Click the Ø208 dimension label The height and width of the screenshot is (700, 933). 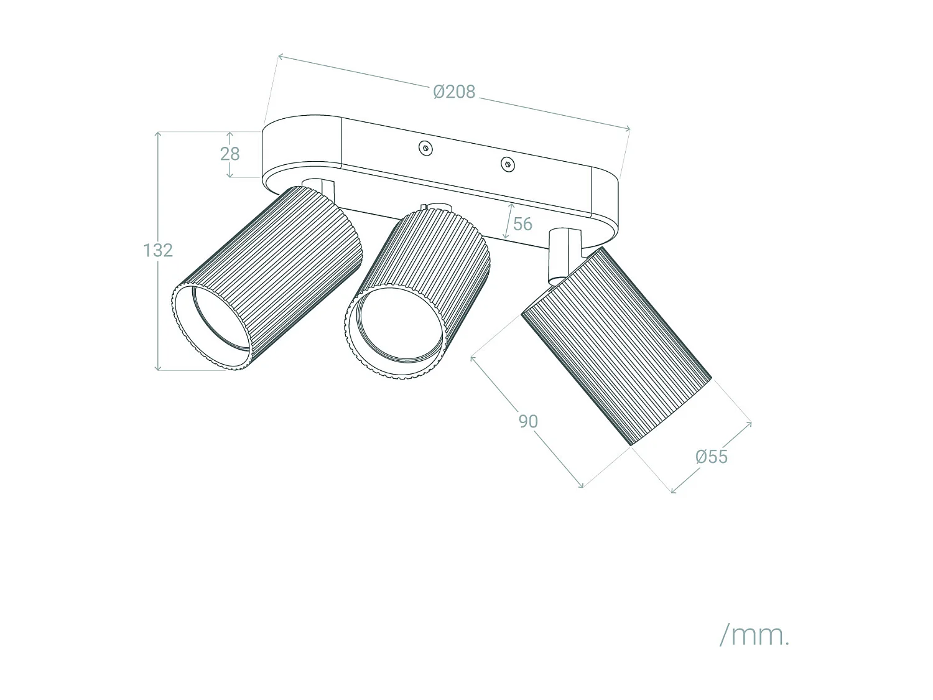pyautogui.click(x=454, y=92)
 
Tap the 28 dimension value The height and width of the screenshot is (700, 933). pyautogui.click(x=230, y=154)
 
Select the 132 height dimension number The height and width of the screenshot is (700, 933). pyautogui.click(x=158, y=250)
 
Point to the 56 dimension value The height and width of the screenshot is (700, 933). pyautogui.click(x=522, y=224)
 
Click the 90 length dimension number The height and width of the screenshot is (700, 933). pyautogui.click(x=528, y=421)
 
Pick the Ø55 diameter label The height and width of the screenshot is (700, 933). pyautogui.click(x=712, y=457)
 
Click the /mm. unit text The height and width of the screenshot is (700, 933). pyautogui.click(x=754, y=635)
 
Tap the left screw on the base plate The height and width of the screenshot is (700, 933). pyautogui.click(x=425, y=148)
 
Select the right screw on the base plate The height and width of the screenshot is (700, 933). pyautogui.click(x=508, y=164)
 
